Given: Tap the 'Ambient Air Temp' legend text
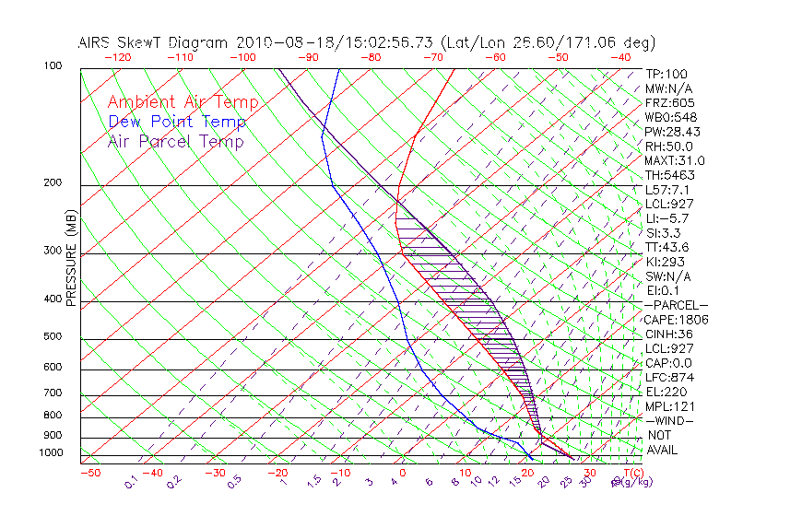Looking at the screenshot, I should point(183,102).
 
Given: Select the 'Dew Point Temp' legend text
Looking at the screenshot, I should point(177,122).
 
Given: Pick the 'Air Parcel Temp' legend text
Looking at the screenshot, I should point(176,141).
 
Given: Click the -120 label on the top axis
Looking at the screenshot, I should point(118,57).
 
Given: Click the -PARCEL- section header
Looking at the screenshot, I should point(676,305).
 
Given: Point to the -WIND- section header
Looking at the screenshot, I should point(670,420).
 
